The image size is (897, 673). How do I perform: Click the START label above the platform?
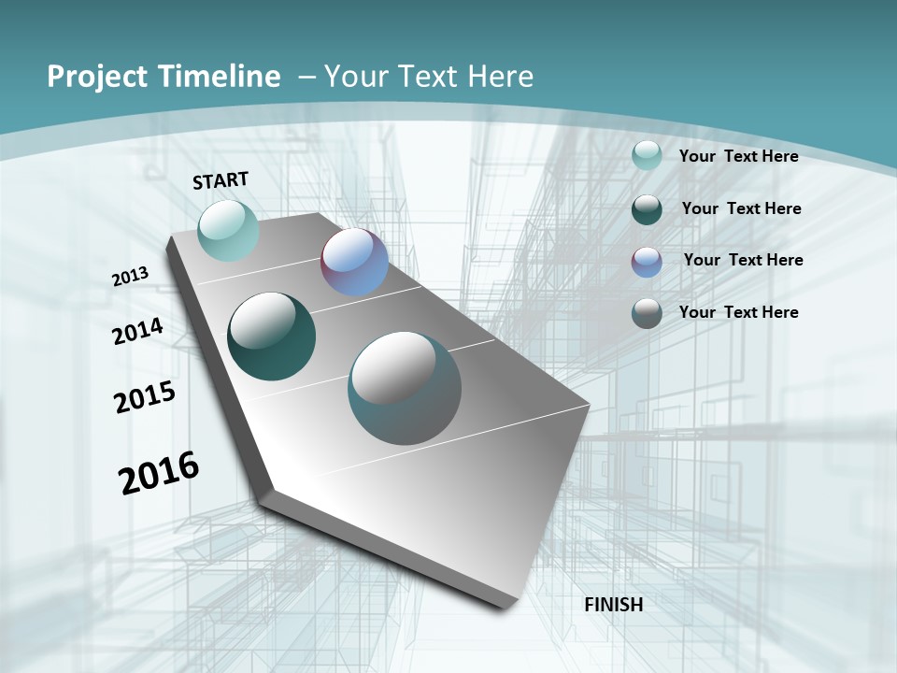click(221, 180)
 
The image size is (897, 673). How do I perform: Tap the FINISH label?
click(614, 605)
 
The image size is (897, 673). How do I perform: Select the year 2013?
click(131, 276)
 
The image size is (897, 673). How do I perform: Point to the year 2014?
click(138, 331)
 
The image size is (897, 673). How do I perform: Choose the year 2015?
click(145, 397)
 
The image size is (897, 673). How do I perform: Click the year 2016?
click(159, 473)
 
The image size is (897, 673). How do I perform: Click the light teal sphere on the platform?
click(229, 230)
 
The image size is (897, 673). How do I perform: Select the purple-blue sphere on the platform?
click(355, 262)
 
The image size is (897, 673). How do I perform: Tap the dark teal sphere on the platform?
click(272, 336)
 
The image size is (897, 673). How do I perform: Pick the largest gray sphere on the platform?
click(405, 388)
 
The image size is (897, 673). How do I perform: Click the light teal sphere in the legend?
click(647, 156)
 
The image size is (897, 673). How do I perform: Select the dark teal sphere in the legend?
click(647, 209)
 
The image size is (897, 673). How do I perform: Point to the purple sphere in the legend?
click(647, 262)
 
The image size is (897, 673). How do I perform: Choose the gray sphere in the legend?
click(647, 313)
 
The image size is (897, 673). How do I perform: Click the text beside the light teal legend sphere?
click(738, 156)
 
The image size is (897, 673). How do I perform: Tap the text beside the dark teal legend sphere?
click(741, 208)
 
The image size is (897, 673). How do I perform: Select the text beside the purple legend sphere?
click(743, 260)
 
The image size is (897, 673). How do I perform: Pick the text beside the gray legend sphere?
click(738, 312)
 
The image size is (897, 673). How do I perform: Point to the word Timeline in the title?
click(221, 77)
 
